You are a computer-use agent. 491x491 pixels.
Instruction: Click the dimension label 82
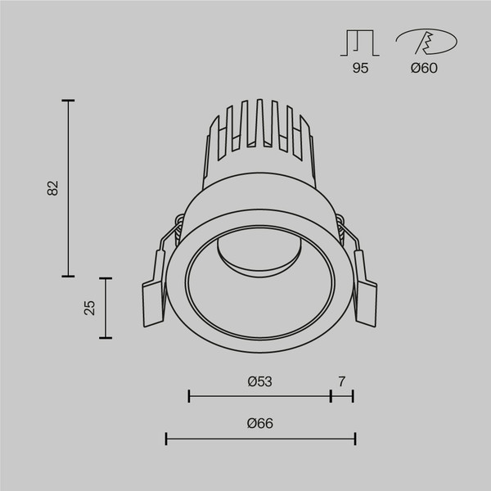53,187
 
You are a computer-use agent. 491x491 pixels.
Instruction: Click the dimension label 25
90,307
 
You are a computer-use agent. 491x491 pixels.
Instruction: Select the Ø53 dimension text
259,381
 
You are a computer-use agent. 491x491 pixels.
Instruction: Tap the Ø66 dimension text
259,423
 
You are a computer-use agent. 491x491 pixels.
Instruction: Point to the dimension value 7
342,381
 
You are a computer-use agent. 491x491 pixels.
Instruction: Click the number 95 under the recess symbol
360,68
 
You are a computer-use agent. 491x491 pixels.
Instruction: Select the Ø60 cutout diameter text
425,68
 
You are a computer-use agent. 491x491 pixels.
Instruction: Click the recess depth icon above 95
360,43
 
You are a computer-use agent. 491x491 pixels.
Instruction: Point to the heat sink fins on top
259,127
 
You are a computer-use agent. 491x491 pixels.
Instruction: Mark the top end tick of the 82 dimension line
68,101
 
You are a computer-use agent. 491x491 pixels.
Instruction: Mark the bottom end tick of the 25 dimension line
105,337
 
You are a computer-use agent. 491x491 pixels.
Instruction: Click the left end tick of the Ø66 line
166,439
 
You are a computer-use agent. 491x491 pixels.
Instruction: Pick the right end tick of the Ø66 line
354,439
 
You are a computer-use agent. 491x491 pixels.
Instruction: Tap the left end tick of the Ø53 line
189,396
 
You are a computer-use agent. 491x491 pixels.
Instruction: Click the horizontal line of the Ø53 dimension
259,396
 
